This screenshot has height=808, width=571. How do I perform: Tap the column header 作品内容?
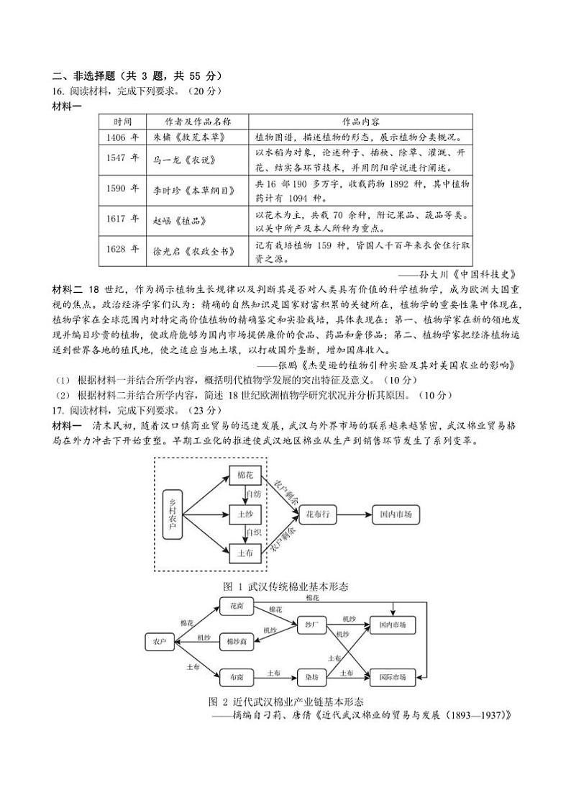(x=361, y=121)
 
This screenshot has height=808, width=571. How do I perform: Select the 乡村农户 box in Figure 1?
(x=170, y=514)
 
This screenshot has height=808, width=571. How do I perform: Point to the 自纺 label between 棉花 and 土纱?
(x=253, y=494)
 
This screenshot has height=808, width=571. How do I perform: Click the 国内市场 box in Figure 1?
(x=396, y=514)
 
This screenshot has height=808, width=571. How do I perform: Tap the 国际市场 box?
(x=393, y=677)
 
